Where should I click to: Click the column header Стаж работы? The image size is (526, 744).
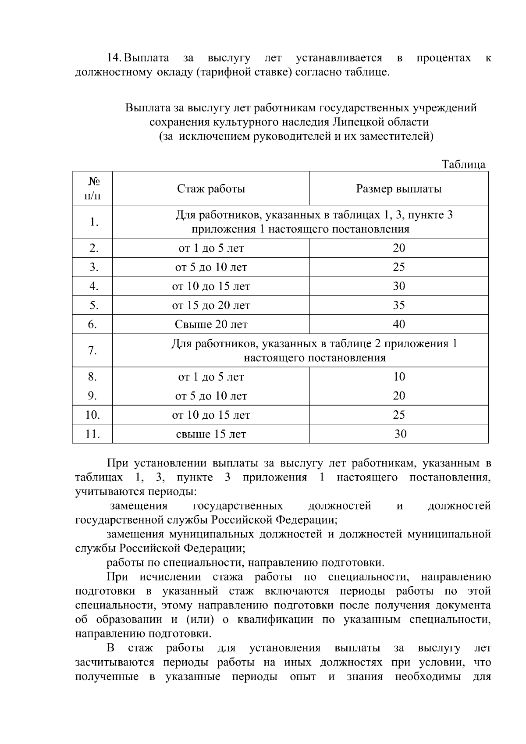click(211, 189)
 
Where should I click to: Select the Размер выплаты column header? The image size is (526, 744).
click(398, 189)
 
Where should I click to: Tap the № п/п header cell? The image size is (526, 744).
click(92, 189)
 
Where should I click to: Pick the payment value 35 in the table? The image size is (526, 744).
click(398, 306)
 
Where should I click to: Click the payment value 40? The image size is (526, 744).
click(398, 324)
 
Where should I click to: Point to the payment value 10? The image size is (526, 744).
click(399, 377)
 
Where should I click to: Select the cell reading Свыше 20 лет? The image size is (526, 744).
click(211, 324)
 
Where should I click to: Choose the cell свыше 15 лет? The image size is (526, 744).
click(211, 434)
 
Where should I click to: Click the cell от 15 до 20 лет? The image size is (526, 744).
click(211, 306)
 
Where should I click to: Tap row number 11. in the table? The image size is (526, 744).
click(92, 434)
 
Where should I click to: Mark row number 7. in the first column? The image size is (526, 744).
click(92, 351)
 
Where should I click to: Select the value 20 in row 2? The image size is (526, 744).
click(398, 248)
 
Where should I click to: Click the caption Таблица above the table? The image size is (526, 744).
click(463, 164)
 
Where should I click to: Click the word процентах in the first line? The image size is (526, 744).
click(444, 58)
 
